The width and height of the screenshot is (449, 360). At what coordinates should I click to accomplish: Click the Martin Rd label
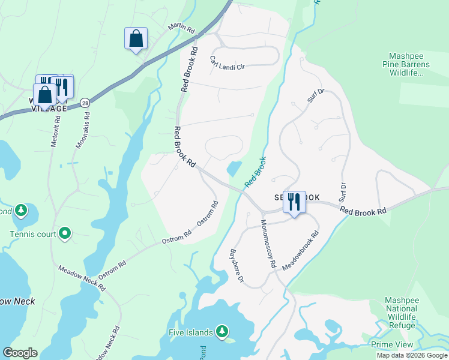coord(182,28)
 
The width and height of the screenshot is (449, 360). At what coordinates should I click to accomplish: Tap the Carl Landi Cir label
coord(228,63)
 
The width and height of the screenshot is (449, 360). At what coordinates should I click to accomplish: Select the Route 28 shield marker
coord(86,103)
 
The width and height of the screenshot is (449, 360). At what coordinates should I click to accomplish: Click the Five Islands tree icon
coord(222,331)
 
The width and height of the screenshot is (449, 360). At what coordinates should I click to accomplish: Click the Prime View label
coord(392,344)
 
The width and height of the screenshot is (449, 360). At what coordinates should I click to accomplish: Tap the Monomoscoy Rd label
coord(268,243)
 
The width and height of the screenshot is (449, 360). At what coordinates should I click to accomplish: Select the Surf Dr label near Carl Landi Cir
coord(316,95)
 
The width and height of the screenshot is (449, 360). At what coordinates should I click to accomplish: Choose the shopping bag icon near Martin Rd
coord(136,38)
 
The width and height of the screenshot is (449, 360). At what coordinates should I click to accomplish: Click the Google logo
coord(20,353)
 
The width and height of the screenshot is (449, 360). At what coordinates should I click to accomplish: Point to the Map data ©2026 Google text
coord(412,355)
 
